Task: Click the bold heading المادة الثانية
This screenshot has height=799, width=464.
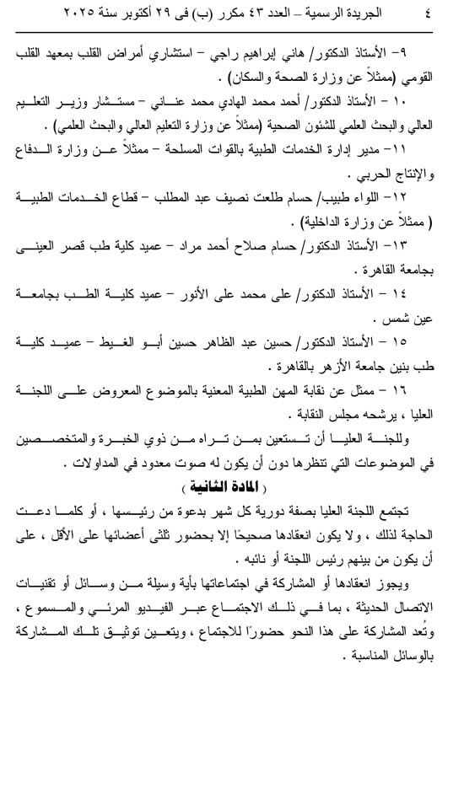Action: click(x=233, y=489)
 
